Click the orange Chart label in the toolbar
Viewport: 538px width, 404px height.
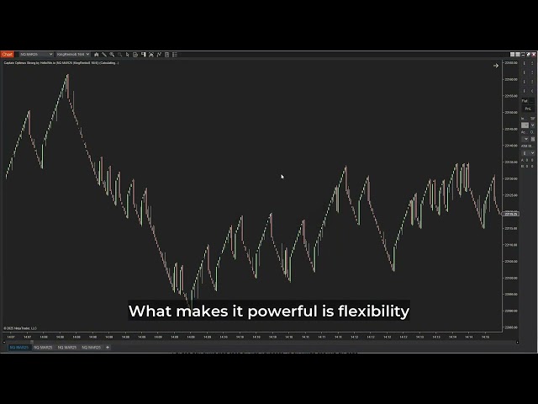tap(8, 54)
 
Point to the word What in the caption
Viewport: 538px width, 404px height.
tap(150, 311)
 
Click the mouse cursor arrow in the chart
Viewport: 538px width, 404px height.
tap(282, 177)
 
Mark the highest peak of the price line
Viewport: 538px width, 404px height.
tap(67, 75)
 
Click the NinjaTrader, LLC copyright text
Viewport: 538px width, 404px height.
tap(21, 328)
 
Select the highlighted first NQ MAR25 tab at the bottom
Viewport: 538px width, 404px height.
tap(18, 347)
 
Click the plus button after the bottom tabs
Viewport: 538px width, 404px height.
tap(107, 347)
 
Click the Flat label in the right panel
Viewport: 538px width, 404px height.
tap(525, 101)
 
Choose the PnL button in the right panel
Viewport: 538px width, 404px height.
tap(528, 109)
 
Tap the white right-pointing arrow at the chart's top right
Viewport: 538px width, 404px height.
tap(496, 65)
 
